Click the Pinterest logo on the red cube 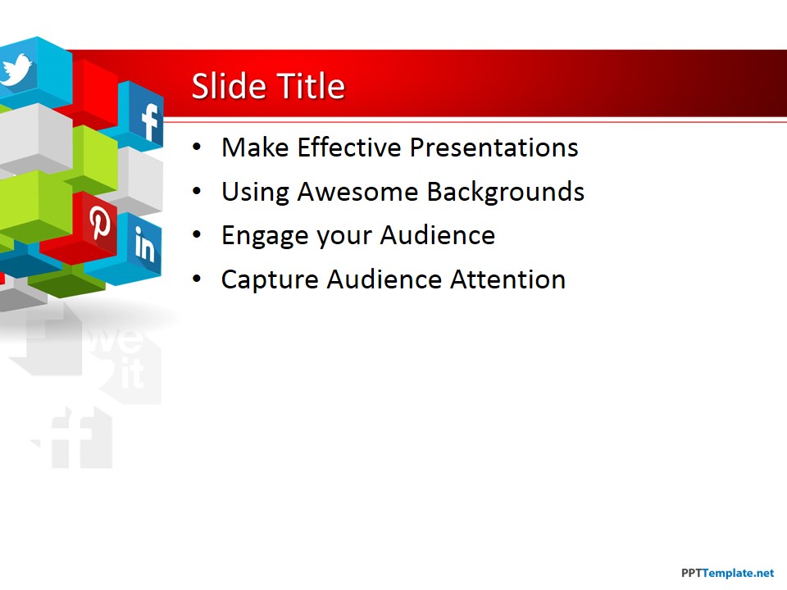(101, 223)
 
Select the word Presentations (494, 147)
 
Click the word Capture (270, 280)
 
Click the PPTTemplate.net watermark (727, 573)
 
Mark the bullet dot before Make (196, 148)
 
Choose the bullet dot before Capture (196, 280)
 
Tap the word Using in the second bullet (255, 192)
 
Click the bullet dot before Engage (196, 236)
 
